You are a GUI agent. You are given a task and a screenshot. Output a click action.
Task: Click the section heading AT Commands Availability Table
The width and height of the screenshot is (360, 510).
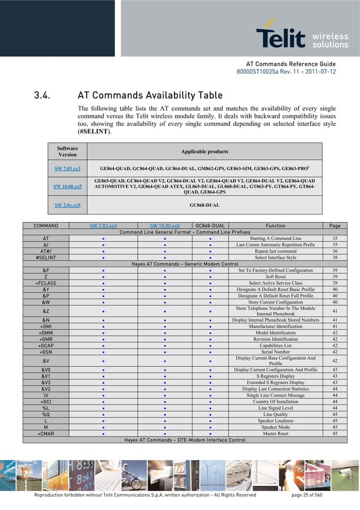pyautogui.click(x=150, y=95)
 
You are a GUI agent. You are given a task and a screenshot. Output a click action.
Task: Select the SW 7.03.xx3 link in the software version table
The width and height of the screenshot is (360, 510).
pyautogui.click(x=67, y=168)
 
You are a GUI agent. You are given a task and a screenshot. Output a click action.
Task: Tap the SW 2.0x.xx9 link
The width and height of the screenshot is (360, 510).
pyautogui.click(x=67, y=205)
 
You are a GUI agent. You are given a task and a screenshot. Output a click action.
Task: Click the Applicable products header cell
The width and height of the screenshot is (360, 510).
pyautogui.click(x=204, y=151)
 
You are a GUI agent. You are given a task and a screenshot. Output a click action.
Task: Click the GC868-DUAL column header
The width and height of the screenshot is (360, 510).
pyautogui.click(x=210, y=225)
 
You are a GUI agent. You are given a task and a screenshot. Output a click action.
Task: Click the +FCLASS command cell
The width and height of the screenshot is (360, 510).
pyautogui.click(x=45, y=282)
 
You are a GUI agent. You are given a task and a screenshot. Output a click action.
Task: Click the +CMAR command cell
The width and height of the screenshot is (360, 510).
pyautogui.click(x=45, y=433)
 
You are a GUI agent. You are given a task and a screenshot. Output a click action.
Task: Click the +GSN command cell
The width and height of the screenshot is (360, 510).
pyautogui.click(x=45, y=351)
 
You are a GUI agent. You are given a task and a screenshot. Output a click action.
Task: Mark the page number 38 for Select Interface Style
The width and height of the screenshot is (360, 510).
pyautogui.click(x=335, y=257)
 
